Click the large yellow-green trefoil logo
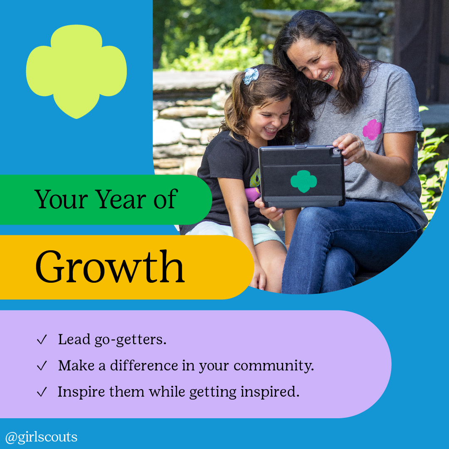(76, 72)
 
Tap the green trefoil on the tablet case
(303, 181)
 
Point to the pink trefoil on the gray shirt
(372, 130)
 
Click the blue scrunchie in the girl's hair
(251, 76)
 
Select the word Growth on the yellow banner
(110, 266)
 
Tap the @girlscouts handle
(41, 437)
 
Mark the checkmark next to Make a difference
(42, 366)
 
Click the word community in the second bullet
(274, 366)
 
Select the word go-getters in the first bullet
(130, 340)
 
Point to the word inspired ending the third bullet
(270, 392)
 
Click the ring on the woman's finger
(359, 144)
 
